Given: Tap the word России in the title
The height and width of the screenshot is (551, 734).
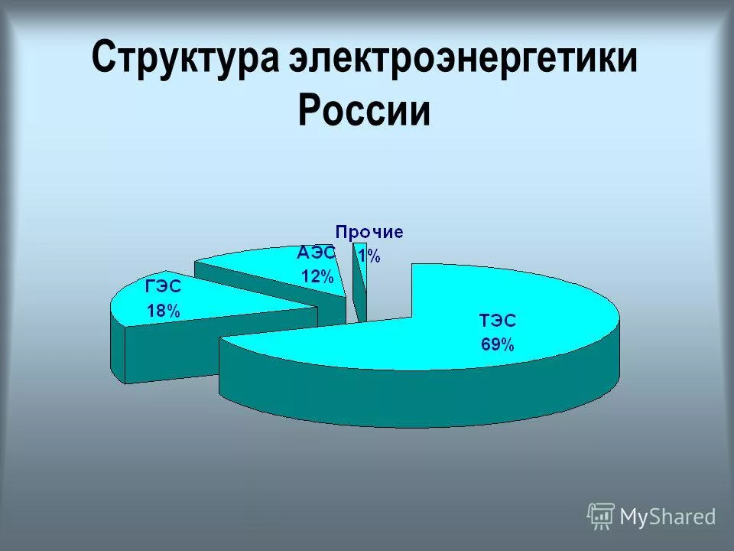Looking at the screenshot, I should tap(364, 111).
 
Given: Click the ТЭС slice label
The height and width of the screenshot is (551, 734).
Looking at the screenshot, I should tap(496, 321).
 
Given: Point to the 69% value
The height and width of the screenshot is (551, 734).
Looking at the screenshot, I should tap(497, 344).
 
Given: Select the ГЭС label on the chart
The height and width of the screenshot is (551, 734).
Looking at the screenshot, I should tap(164, 288).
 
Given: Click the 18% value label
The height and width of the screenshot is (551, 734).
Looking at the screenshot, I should tap(164, 311).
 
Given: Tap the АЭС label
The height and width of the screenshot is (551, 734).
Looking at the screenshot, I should tap(316, 253).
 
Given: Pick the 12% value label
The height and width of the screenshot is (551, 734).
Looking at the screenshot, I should tap(316, 277).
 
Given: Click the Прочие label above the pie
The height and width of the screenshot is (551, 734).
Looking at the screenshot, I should tap(370, 231).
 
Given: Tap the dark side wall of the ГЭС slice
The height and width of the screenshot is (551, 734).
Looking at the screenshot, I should tap(168, 352).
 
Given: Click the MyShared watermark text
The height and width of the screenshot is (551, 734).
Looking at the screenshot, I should tap(667, 517).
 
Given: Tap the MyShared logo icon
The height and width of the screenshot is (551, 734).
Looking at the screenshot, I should tap(601, 517).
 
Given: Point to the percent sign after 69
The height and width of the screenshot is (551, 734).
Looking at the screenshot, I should tap(508, 344).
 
